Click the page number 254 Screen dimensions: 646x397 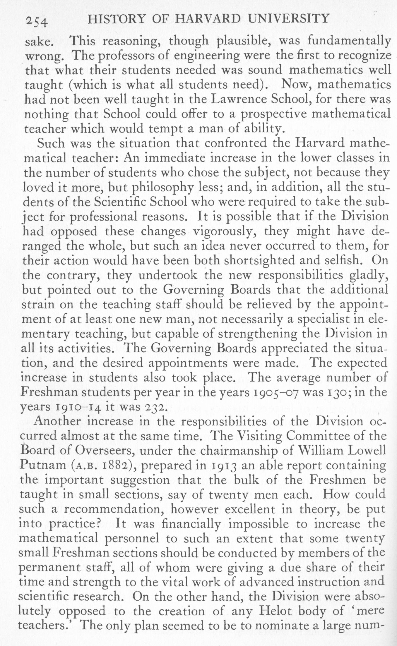click(x=37, y=21)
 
